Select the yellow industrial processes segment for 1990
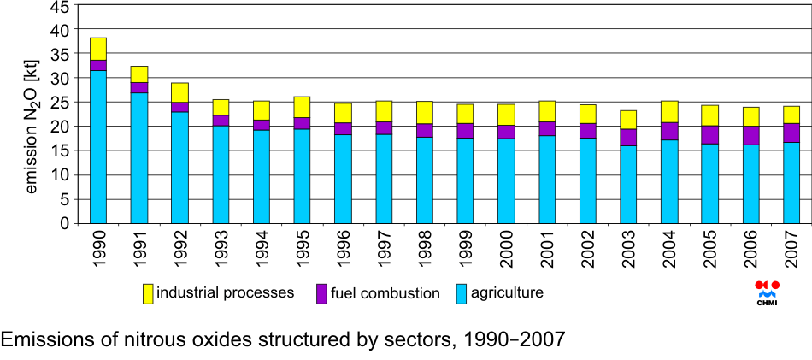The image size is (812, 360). [x=97, y=49]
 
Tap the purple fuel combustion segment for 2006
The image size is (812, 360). [x=751, y=135]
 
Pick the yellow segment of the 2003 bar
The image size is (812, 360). [x=629, y=120]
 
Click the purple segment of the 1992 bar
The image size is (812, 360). [x=179, y=107]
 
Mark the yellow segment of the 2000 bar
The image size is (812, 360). [x=506, y=115]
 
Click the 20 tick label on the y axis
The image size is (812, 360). [x=60, y=127]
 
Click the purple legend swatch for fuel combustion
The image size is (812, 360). [x=321, y=293]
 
